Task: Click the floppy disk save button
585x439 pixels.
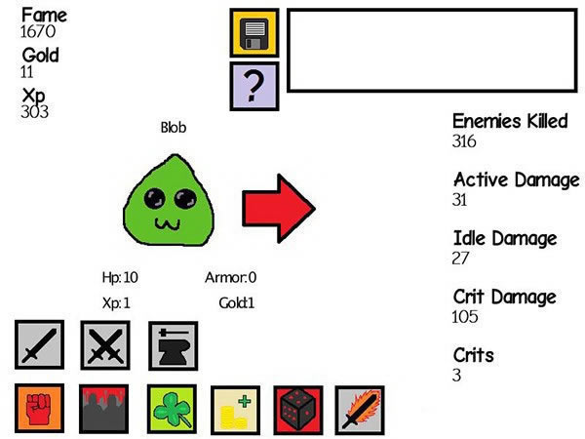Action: [x=254, y=33]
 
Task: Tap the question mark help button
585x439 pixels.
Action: [x=254, y=86]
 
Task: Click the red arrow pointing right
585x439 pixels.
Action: [x=279, y=209]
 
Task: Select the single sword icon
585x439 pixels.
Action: [x=39, y=344]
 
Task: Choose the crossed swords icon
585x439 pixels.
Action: [x=105, y=345]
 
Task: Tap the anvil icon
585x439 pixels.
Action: [x=174, y=345]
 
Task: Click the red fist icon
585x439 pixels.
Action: [x=39, y=408]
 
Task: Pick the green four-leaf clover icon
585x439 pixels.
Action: [x=172, y=409]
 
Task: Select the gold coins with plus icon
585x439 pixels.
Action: [x=235, y=411]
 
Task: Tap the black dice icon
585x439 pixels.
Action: [x=298, y=411]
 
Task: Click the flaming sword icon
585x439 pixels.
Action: [x=360, y=411]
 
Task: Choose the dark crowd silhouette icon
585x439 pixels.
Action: [x=103, y=409]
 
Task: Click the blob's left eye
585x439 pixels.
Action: [x=154, y=198]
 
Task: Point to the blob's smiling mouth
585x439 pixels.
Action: [x=168, y=224]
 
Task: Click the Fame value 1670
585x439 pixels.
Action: [x=38, y=31]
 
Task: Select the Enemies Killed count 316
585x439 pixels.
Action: [x=464, y=141]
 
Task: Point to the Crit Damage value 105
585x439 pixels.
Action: [x=465, y=316]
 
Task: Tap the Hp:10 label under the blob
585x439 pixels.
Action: [x=120, y=277]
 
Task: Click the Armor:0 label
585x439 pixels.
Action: [x=230, y=277]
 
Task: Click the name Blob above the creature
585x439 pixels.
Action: [x=174, y=128]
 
